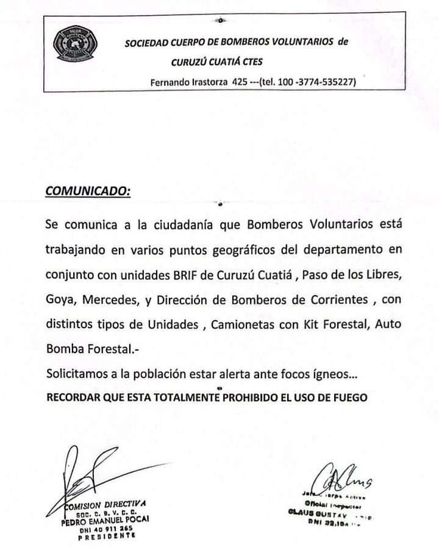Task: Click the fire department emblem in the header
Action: point(76,45)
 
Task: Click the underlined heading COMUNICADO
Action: point(88,190)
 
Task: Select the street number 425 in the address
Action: point(240,82)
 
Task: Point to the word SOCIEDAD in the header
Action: point(147,43)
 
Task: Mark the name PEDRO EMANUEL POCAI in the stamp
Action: point(105,520)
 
